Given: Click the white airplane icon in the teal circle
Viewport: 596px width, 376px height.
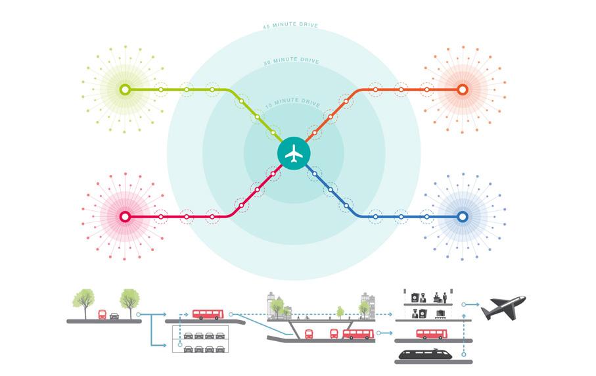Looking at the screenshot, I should pyautogui.click(x=294, y=153).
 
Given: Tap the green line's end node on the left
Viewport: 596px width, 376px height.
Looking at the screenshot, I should pyautogui.click(x=125, y=89).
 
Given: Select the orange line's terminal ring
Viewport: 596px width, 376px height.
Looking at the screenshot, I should pyautogui.click(x=462, y=89).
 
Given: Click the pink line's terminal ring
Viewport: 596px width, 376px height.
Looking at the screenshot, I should pyautogui.click(x=125, y=216).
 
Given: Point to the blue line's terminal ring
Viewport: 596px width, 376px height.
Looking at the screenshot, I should pyautogui.click(x=462, y=216).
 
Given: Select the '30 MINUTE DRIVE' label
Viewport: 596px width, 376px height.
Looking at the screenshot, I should pyautogui.click(x=290, y=61).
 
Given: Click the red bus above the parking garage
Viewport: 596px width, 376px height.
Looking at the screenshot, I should pyautogui.click(x=208, y=314).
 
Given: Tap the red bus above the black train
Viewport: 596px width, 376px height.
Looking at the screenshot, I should pyautogui.click(x=432, y=334).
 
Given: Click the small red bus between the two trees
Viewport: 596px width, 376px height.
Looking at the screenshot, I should pyautogui.click(x=103, y=314).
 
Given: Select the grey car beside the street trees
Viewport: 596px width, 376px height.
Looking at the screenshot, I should pyautogui.click(x=115, y=315).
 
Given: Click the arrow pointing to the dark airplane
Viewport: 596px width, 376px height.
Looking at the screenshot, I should pyautogui.click(x=469, y=305).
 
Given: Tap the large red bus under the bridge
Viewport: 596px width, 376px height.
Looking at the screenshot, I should pyautogui.click(x=357, y=334).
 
